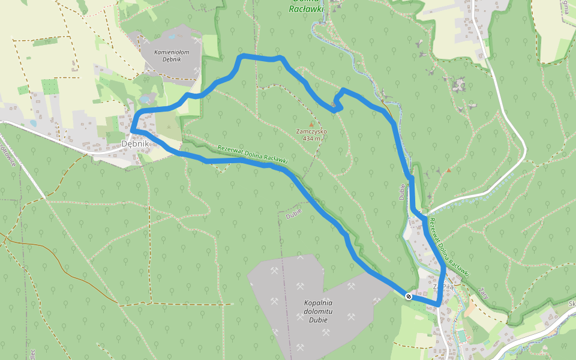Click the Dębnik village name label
tap(134, 144)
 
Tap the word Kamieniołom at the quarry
tap(172, 52)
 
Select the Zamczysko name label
tap(311, 131)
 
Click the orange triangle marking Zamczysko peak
tap(311, 124)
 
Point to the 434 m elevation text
tap(311, 139)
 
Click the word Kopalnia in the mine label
tap(318, 303)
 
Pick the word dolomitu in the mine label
tap(318, 311)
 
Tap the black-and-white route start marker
tap(409, 296)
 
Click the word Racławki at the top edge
tap(306, 9)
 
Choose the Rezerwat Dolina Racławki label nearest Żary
tap(449, 247)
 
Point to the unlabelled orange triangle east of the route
tap(448, 170)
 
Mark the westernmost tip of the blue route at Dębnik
tap(132, 129)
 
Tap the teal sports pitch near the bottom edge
tap(461, 334)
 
